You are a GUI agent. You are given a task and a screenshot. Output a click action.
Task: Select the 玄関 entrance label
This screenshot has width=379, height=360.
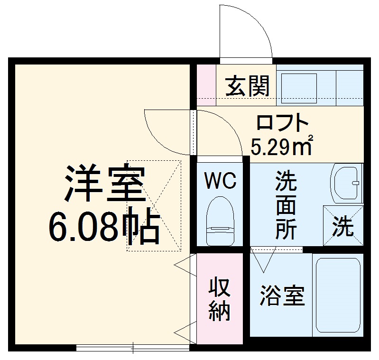click(x=247, y=86)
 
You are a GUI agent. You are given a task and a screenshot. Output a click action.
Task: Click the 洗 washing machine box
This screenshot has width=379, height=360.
click(x=342, y=226)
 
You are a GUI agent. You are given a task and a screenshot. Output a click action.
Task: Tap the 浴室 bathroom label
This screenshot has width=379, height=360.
click(x=282, y=296)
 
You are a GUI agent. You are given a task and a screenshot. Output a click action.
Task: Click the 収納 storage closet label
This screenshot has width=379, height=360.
click(x=220, y=299)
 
